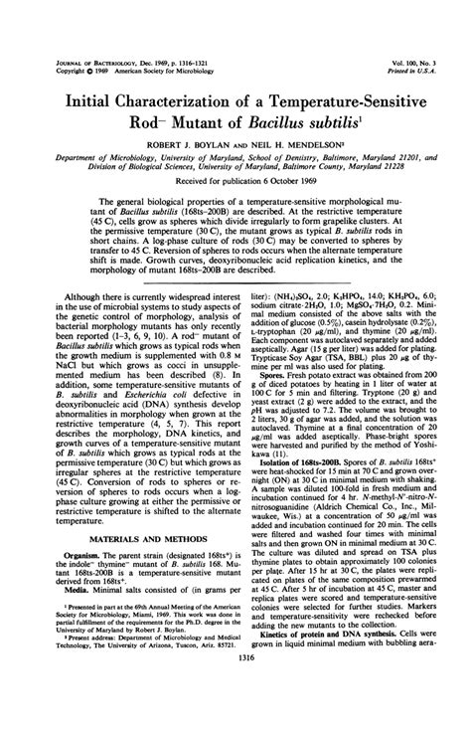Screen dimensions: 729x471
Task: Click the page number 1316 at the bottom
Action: (x=236, y=711)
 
